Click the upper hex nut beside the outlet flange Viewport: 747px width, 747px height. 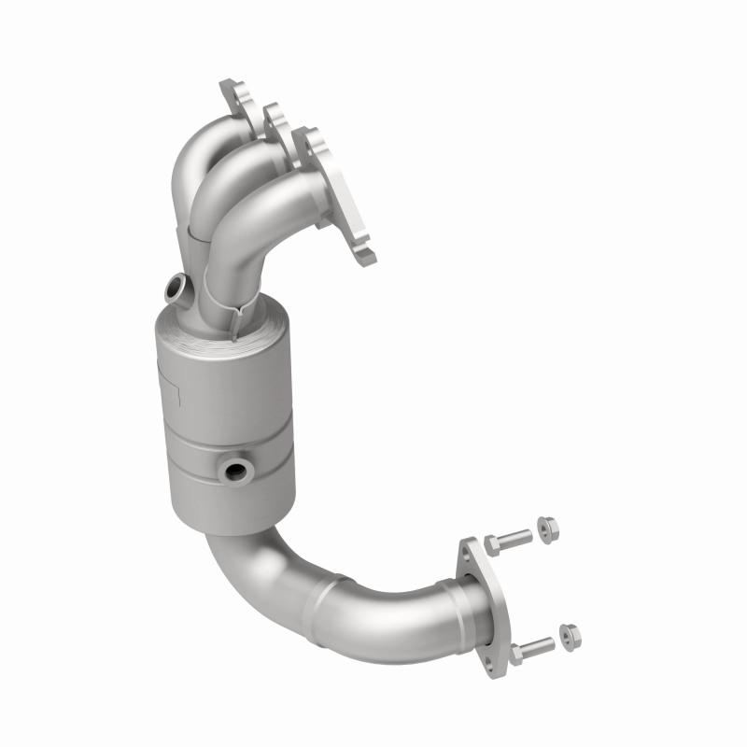[x=550, y=529]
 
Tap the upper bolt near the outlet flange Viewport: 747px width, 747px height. [x=508, y=540]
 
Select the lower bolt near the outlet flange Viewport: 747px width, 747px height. [x=531, y=646]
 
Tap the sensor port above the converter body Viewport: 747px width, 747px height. [x=174, y=288]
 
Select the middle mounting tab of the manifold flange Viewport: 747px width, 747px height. [x=275, y=116]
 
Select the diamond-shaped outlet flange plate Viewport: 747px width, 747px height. [x=480, y=602]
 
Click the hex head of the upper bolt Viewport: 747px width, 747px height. [x=492, y=543]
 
